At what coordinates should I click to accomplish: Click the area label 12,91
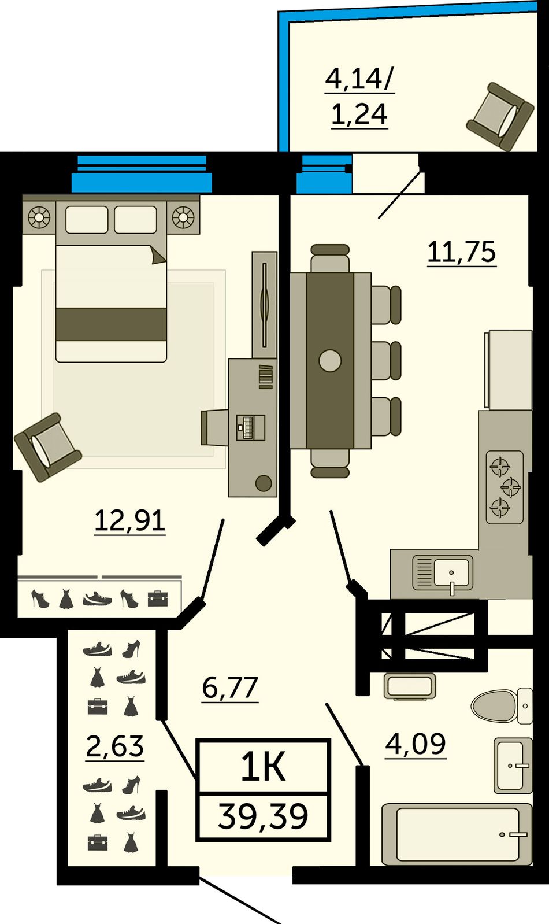[x=130, y=521]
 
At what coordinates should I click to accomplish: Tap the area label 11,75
[x=462, y=252]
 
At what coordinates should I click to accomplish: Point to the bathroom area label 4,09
[x=416, y=744]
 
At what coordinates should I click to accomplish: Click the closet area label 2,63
[x=115, y=746]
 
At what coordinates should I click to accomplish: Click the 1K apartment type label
[x=264, y=766]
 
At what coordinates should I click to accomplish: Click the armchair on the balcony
[x=500, y=117]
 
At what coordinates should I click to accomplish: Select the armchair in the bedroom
[x=48, y=447]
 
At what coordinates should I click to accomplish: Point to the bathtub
[x=457, y=834]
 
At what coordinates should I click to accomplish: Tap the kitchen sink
[x=443, y=574]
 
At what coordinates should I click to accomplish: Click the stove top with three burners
[x=505, y=487]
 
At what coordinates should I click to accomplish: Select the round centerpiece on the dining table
[x=330, y=361]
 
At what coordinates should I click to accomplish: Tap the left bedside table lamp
[x=39, y=216]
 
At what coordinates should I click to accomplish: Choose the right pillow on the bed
[x=135, y=220]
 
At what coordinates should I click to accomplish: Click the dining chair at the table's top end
[x=330, y=258]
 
